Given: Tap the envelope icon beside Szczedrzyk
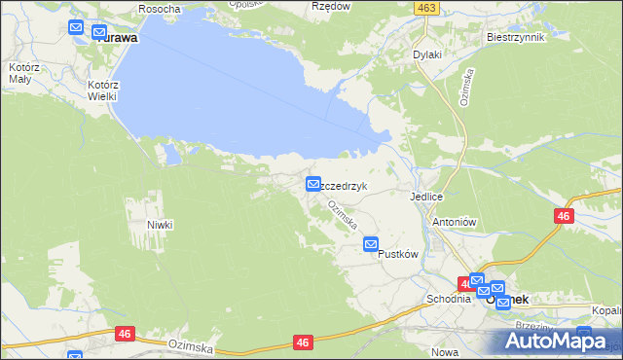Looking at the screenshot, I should pos(313,183).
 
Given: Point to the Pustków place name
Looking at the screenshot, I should pos(397,255).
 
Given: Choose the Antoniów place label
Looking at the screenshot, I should pos(453,221).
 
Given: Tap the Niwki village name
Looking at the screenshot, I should pos(160,225).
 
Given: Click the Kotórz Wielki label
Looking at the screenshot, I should pos(102,90).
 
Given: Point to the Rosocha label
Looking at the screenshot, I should pos(160,9).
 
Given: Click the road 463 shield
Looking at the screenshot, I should pos(425,8).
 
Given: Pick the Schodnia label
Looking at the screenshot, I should pos(448,299).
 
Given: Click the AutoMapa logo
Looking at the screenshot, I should pos(559,340).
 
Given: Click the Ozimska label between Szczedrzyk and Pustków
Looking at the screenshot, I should pos(342,215).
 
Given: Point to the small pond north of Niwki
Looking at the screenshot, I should pos(171,153).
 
